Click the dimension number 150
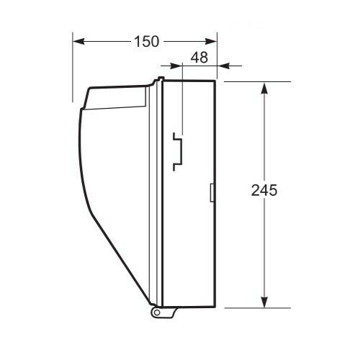click(146, 41)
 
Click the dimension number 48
click(199, 58)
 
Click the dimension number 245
click(264, 191)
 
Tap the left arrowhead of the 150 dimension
click(78, 41)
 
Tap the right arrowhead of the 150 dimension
click(211, 41)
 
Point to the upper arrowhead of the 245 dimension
click(264, 89)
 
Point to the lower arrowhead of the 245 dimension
click(264, 301)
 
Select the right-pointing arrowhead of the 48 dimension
click(176, 66)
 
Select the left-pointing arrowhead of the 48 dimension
click(223, 66)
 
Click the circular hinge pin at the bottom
click(157, 312)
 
